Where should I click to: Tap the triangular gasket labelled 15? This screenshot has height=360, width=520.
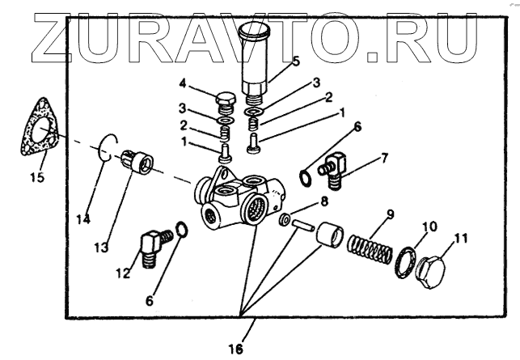click(40, 133)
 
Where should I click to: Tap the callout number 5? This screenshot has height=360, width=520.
click(273, 60)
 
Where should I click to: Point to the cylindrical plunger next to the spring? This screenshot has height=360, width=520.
click(328, 238)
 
